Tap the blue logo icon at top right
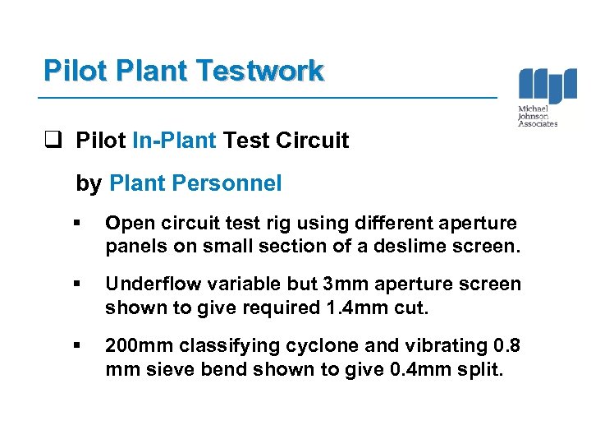pos(547,86)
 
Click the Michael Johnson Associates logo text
pos(537,116)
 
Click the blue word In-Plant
pos(174,141)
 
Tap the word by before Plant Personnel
pos(88,184)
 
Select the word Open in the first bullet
pos(126,223)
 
